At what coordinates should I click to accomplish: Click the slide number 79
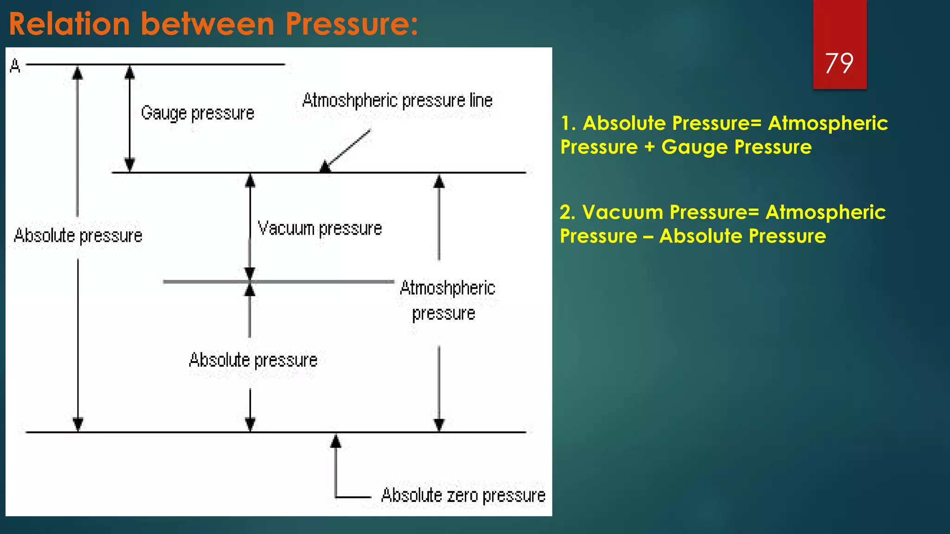(x=839, y=63)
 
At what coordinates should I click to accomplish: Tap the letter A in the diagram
(x=15, y=66)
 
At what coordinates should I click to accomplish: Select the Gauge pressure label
(x=198, y=113)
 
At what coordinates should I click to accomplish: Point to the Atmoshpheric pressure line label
(x=397, y=101)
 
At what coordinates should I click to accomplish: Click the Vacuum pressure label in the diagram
(x=320, y=229)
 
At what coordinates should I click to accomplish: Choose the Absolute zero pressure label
(x=463, y=496)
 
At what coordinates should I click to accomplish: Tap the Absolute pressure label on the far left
(x=78, y=235)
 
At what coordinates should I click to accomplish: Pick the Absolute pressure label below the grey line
(x=253, y=360)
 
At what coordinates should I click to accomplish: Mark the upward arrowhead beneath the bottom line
(x=336, y=441)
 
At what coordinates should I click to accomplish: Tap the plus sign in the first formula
(x=649, y=147)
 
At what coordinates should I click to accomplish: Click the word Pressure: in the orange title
(x=351, y=24)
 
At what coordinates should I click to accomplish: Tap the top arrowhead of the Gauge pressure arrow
(x=130, y=72)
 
